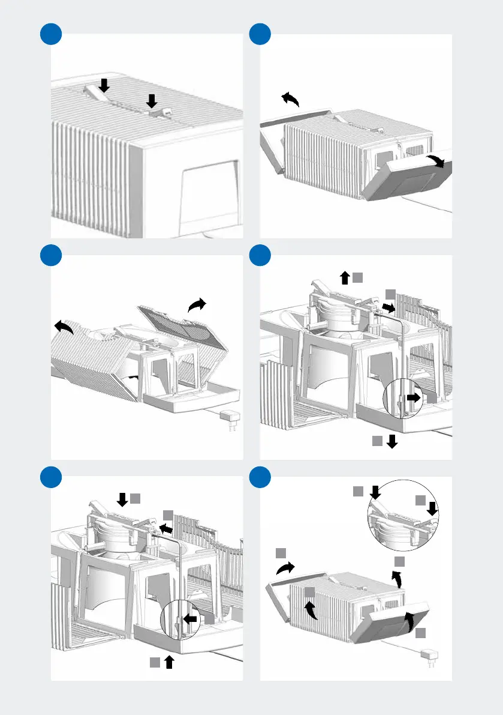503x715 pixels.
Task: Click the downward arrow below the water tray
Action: pyautogui.click(x=392, y=442)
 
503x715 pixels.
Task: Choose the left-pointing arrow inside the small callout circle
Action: pyautogui.click(x=190, y=620)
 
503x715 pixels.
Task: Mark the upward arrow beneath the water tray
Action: pyautogui.click(x=170, y=662)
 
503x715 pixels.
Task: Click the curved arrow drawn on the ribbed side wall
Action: pyautogui.click(x=311, y=611)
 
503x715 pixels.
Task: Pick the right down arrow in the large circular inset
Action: pyautogui.click(x=431, y=509)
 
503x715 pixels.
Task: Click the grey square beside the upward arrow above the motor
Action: pyautogui.click(x=358, y=277)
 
